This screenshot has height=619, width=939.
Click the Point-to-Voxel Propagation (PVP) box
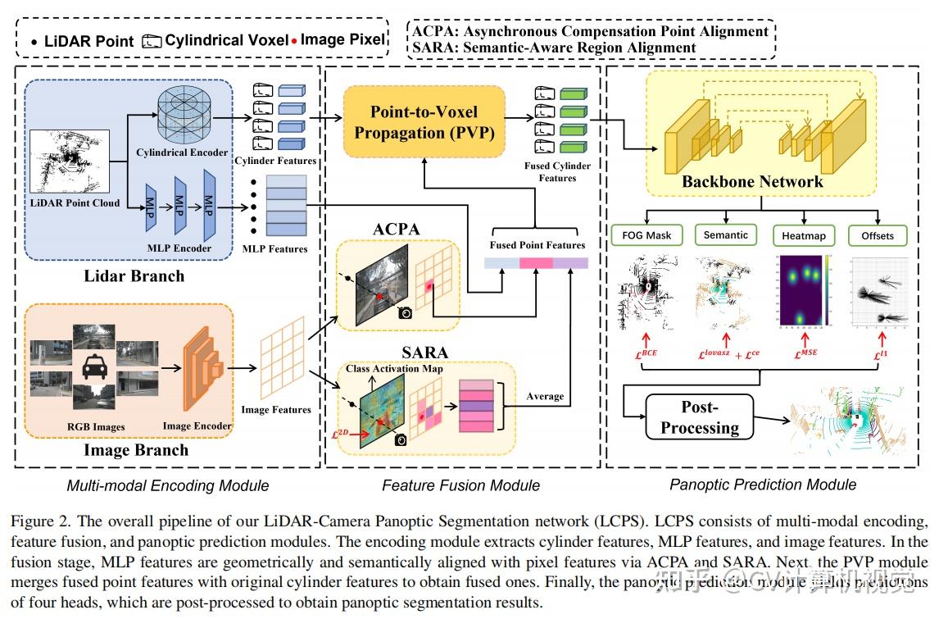pos(424,121)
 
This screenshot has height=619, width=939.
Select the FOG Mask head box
pos(646,235)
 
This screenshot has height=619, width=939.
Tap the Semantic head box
pos(726,235)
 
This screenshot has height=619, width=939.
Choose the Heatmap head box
pos(803,236)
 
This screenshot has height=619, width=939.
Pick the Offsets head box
pos(878,235)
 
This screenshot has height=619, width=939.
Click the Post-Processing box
pos(699,417)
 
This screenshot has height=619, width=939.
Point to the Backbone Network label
pos(752,182)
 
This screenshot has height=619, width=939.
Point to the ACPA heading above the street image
pos(397,229)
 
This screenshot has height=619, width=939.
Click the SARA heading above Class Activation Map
pos(424,353)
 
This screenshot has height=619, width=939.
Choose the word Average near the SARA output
pos(545,396)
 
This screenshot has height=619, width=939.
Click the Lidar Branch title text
pos(134,276)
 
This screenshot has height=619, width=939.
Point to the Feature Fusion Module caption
pos(460,485)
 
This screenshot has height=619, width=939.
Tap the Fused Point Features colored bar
pos(536,263)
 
